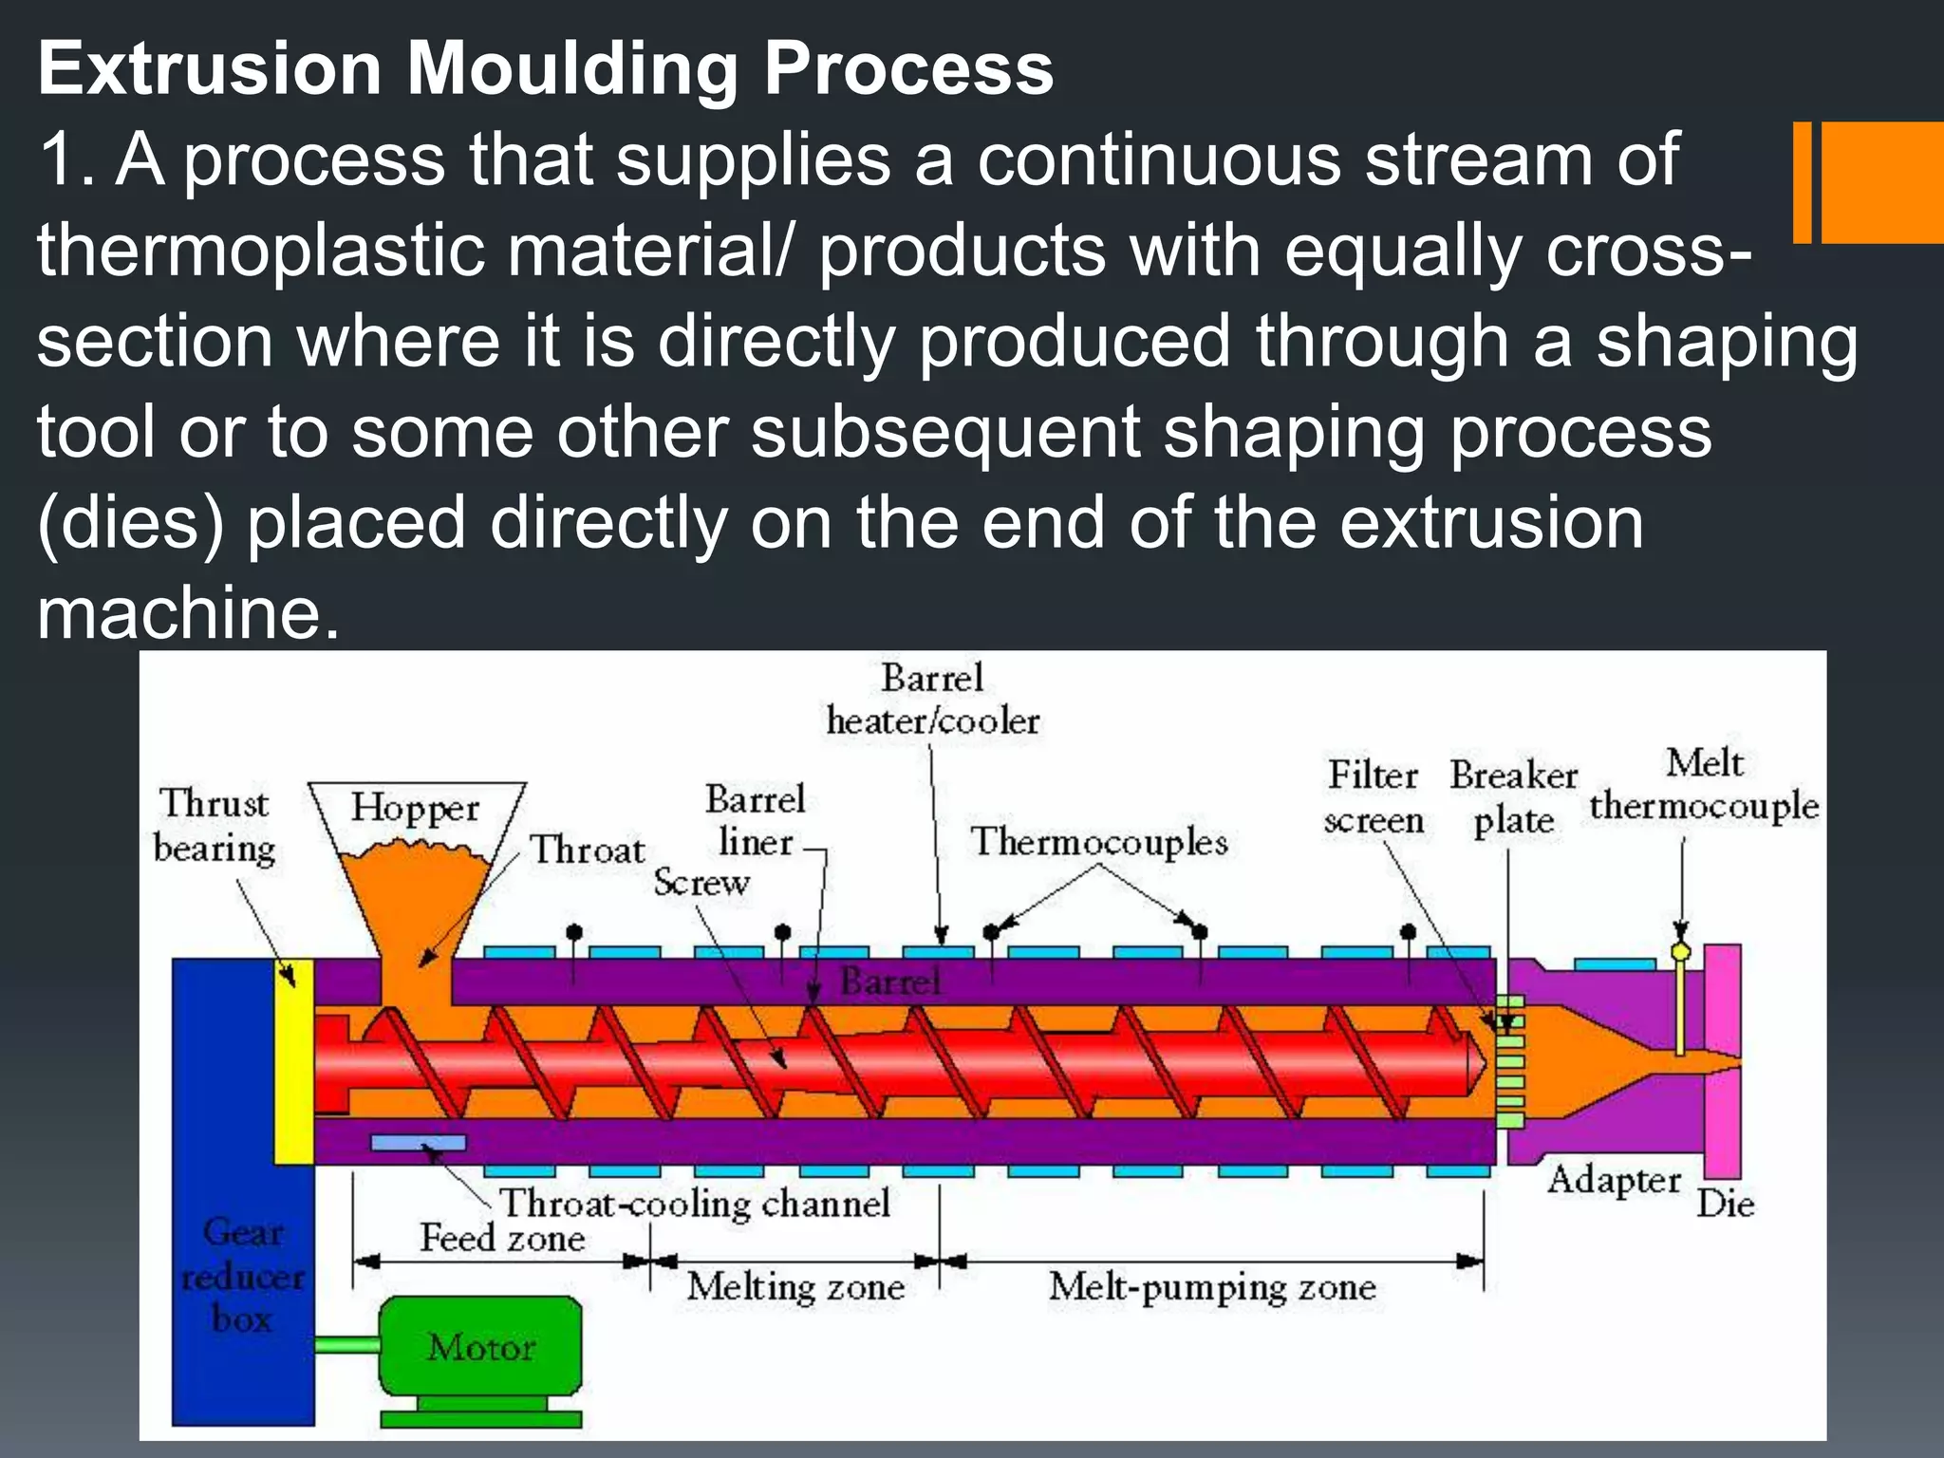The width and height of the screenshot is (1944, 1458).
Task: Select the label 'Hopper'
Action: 415,808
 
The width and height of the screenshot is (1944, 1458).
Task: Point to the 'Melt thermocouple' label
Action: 1704,785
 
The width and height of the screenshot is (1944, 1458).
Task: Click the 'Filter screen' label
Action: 1374,797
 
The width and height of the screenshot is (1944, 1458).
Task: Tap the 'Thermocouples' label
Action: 1099,842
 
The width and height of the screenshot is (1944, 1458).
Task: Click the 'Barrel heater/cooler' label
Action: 933,700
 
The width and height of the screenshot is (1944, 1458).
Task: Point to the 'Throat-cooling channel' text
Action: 695,1204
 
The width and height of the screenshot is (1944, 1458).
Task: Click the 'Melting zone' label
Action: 795,1287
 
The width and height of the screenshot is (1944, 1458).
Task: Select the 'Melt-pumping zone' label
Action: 1212,1287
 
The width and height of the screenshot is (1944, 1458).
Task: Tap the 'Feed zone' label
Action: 503,1238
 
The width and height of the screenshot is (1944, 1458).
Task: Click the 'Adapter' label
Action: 1614,1180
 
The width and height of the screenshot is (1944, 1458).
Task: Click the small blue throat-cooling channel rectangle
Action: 419,1143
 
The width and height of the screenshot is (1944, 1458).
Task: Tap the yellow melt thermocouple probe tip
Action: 1680,951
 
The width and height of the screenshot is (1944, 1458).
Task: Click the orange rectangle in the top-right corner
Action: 1881,182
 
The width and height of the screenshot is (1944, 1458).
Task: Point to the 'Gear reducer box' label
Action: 243,1276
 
